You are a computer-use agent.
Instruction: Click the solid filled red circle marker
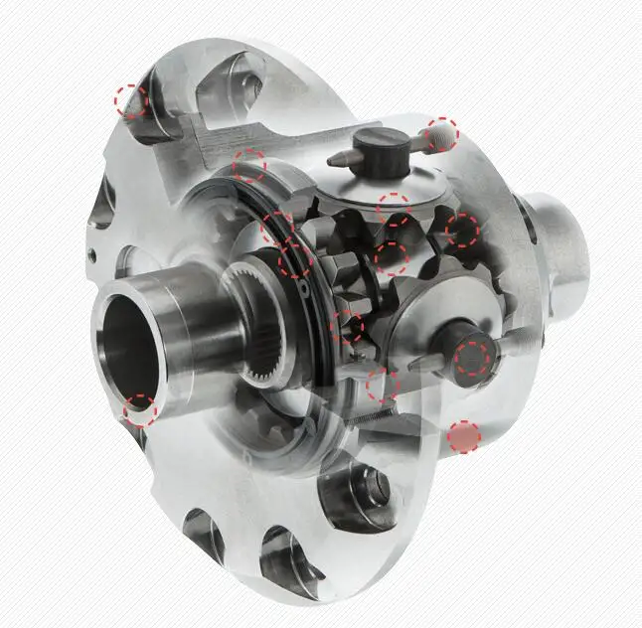tap(464, 436)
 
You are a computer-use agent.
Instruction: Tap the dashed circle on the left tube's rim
tap(140, 409)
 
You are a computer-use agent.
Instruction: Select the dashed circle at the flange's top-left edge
tap(130, 100)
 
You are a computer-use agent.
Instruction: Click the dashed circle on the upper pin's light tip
tap(442, 133)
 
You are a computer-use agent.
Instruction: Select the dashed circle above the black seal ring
tap(249, 166)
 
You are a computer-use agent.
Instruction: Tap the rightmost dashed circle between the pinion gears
tap(462, 230)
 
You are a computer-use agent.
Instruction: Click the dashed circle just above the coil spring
tap(382, 386)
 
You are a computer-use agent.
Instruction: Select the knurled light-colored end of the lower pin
tap(510, 341)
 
